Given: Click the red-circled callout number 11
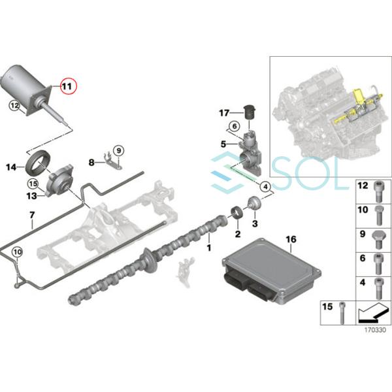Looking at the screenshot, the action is pyautogui.click(x=68, y=86).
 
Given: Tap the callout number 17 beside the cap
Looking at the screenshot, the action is pyautogui.click(x=225, y=112).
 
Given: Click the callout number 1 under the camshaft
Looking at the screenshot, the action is pyautogui.click(x=209, y=248).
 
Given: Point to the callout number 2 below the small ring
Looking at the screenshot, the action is pyautogui.click(x=238, y=234).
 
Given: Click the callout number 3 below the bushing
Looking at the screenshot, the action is pyautogui.click(x=255, y=223).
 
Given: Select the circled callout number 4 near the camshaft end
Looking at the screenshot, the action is pyautogui.click(x=265, y=186).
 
